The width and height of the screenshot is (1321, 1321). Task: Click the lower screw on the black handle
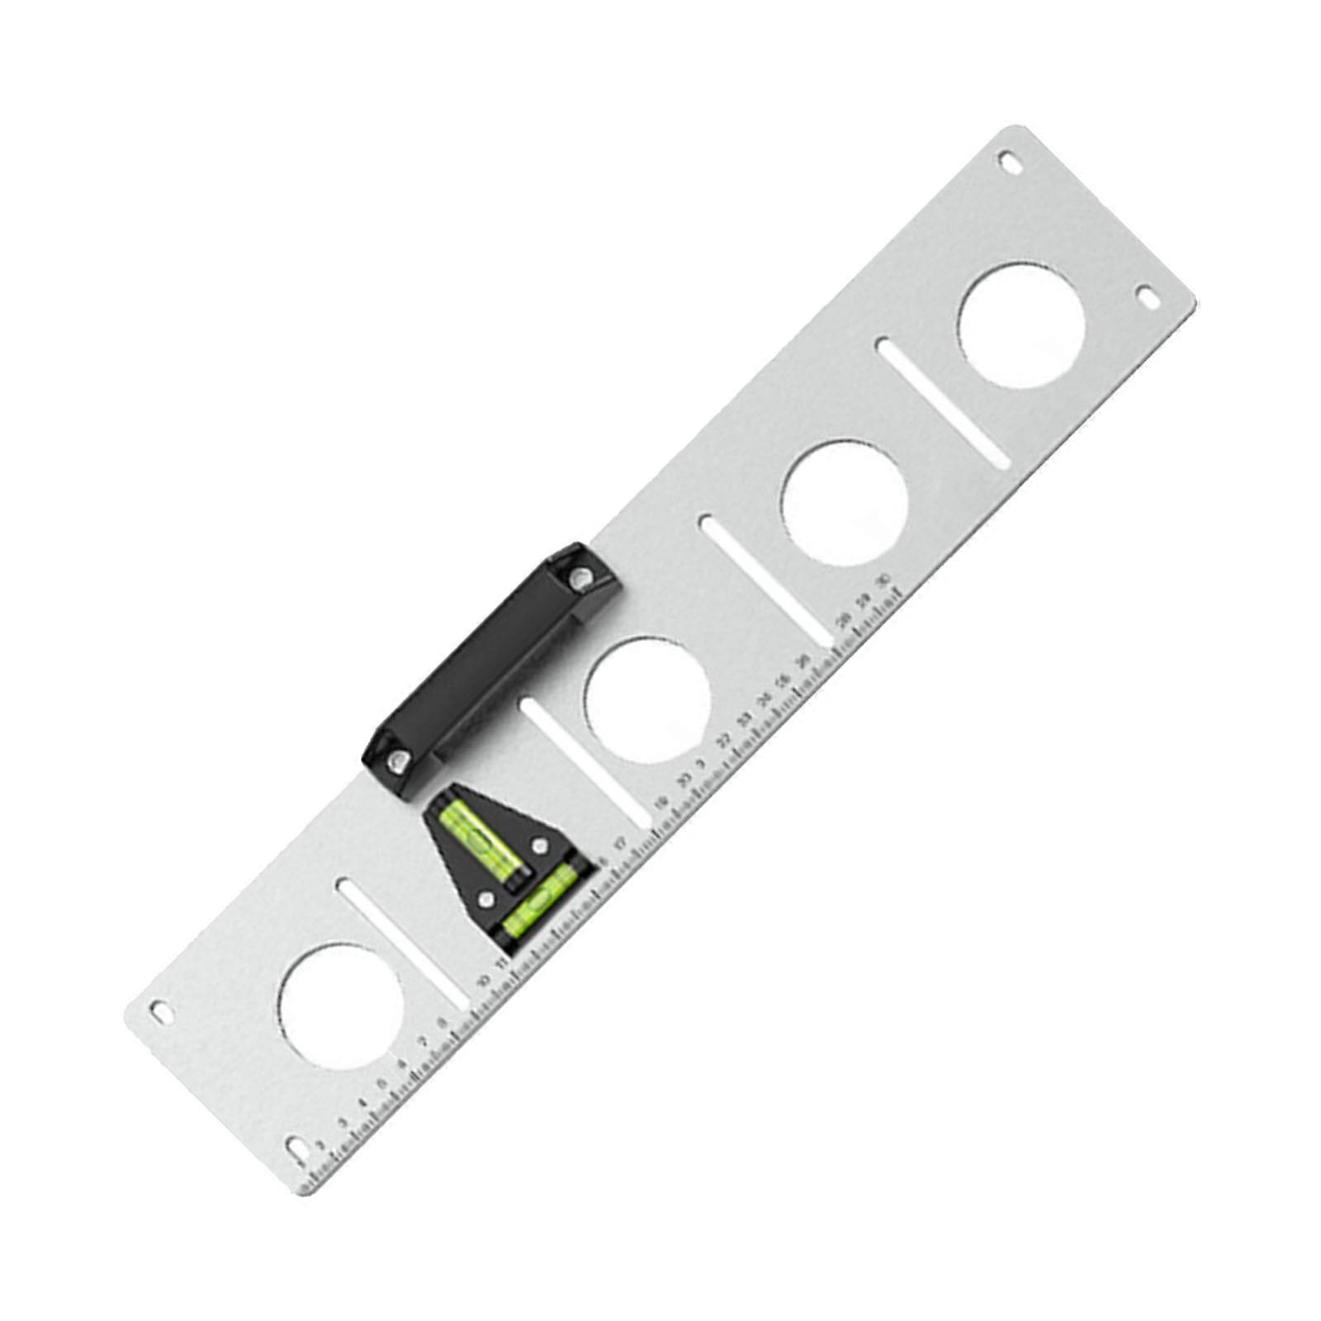pos(400,759)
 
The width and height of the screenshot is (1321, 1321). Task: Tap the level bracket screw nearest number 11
pos(487,899)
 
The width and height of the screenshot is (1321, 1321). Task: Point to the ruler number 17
pos(621,843)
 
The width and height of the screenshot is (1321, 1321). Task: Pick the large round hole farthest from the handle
pos(1021,327)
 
